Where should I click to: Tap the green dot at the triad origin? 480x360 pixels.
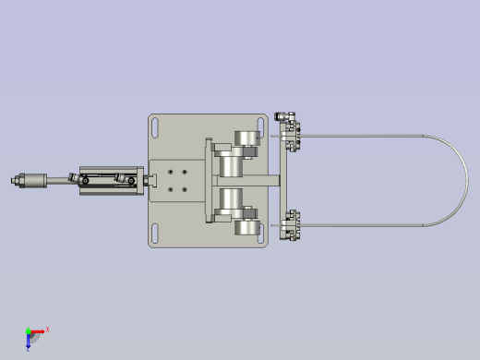point(28,331)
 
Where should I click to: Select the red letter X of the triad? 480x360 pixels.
point(47,329)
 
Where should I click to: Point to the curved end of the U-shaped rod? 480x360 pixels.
point(463,181)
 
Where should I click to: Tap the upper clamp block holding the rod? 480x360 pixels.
point(293,136)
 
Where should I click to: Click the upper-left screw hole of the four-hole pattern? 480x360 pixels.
point(172,172)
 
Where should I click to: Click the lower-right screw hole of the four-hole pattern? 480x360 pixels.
point(186,189)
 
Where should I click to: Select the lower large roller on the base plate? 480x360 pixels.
point(246,224)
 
